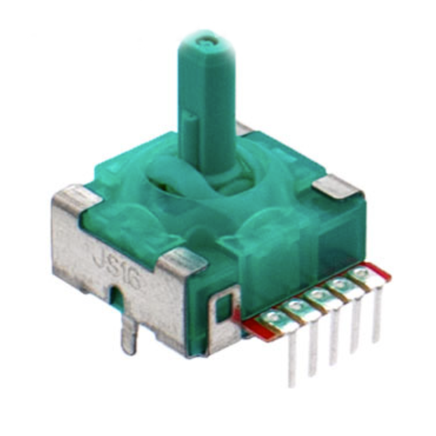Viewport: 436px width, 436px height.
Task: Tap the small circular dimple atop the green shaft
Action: click(206, 42)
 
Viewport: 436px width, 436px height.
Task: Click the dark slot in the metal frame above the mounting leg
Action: click(116, 299)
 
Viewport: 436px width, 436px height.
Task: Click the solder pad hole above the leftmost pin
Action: click(274, 317)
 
